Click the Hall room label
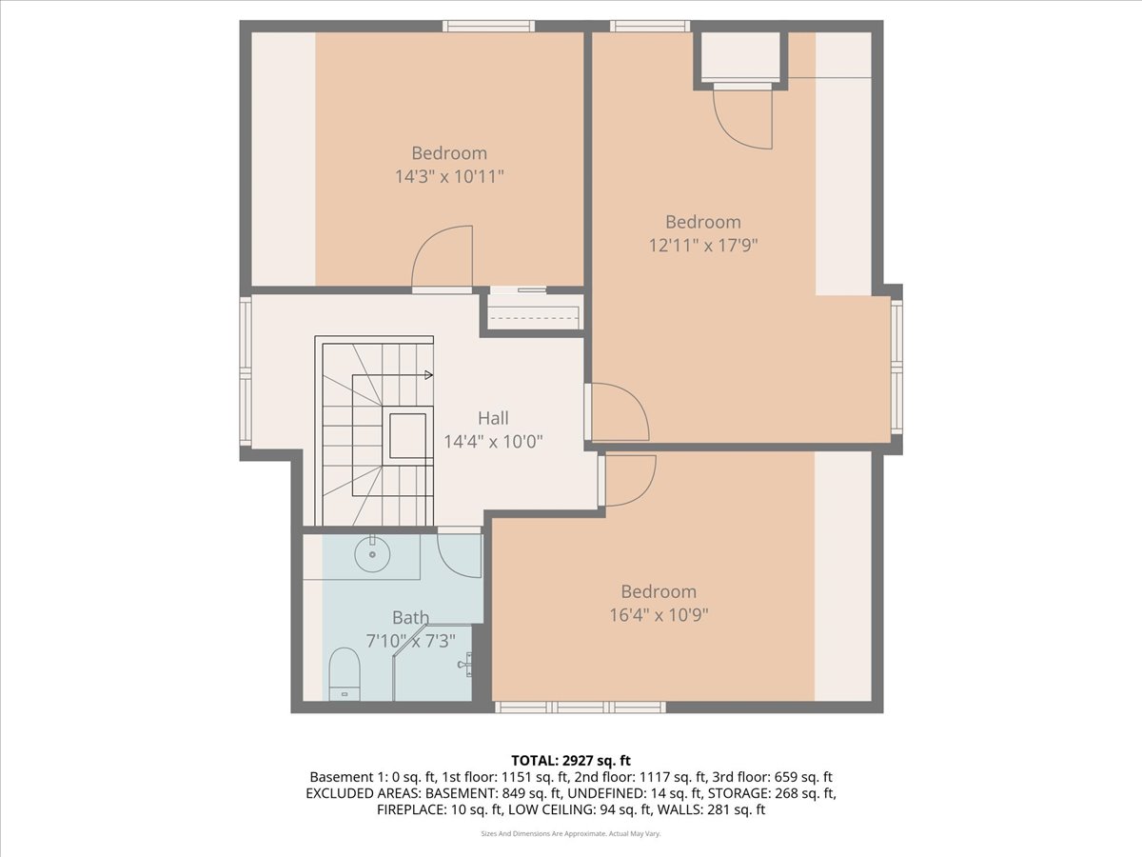(x=493, y=418)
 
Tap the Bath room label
(x=410, y=618)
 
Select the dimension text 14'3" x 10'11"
(x=449, y=176)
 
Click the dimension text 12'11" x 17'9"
(x=703, y=245)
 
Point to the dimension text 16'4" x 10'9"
(x=659, y=614)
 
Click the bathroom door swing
(x=460, y=555)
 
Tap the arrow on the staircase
(x=429, y=375)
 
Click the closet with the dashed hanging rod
(x=533, y=312)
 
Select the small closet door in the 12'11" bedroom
(x=744, y=116)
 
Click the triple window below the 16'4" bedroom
(x=580, y=707)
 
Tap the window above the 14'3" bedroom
(x=486, y=26)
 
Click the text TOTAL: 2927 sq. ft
(x=571, y=760)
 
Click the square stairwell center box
(x=406, y=436)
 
